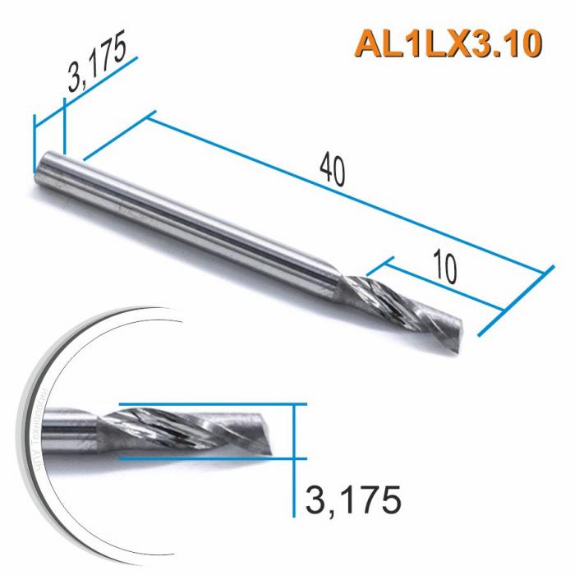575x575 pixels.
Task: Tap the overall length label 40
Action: pos(333,168)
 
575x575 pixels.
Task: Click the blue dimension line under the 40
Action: pos(345,194)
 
